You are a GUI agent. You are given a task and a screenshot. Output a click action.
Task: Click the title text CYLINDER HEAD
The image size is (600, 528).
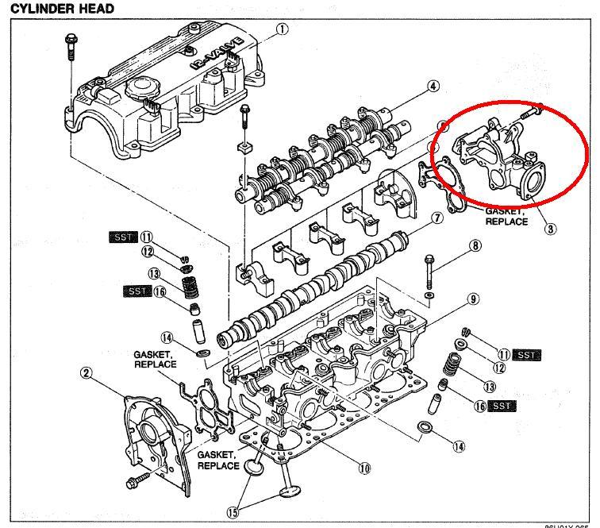click(x=61, y=8)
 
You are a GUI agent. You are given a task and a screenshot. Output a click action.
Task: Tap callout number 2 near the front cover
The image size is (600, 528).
click(x=87, y=372)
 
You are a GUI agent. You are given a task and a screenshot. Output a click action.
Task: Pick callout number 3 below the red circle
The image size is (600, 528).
click(x=550, y=229)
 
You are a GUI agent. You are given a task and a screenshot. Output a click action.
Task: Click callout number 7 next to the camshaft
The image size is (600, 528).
click(x=437, y=218)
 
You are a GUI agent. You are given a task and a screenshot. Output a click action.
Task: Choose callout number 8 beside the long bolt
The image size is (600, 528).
click(x=475, y=246)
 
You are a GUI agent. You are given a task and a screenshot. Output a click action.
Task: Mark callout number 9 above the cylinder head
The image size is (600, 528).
click(x=472, y=299)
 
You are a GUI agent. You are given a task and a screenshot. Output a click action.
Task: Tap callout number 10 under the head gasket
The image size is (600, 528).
click(x=363, y=468)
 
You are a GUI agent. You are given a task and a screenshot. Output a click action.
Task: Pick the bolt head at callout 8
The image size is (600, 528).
click(x=429, y=258)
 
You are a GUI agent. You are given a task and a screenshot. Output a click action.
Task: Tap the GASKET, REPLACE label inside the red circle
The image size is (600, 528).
click(x=506, y=216)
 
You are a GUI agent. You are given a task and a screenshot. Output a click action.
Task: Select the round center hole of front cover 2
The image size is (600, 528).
click(x=152, y=432)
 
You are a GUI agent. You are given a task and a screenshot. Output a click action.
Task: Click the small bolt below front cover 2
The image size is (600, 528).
click(x=135, y=481)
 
